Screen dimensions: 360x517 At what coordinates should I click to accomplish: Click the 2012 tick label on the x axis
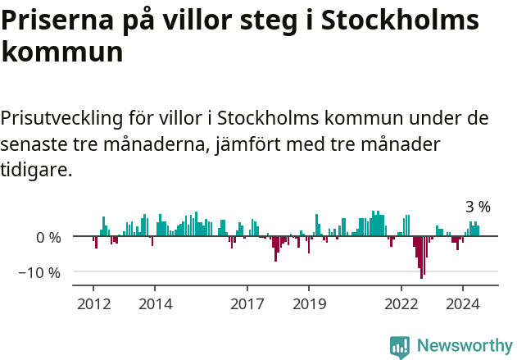tap(93, 303)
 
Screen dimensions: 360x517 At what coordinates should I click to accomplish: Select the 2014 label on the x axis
tap(155, 303)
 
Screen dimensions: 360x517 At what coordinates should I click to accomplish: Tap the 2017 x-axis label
tap(247, 303)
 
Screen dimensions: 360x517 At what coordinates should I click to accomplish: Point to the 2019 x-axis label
tap(309, 303)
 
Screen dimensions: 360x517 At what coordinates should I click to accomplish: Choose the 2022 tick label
tap(401, 303)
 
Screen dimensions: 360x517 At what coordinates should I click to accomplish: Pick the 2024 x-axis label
tap(463, 303)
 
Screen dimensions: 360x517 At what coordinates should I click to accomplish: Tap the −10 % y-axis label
tap(40, 272)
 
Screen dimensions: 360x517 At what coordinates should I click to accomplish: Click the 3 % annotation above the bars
tap(478, 207)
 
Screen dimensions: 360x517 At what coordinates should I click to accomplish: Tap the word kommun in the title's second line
tap(62, 52)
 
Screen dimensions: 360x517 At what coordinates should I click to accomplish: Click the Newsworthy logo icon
tap(400, 346)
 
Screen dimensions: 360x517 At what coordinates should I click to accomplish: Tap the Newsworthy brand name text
tap(464, 346)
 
